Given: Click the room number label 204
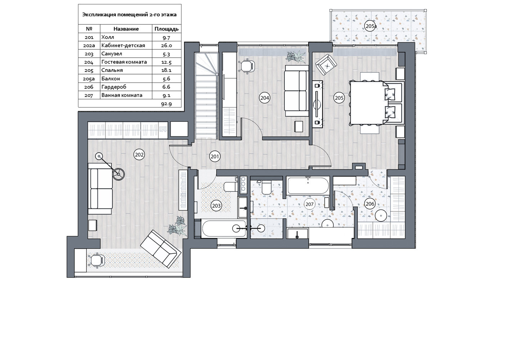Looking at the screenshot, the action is (265, 98).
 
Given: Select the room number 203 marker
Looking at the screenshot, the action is (216, 206).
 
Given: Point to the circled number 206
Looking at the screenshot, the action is (370, 204).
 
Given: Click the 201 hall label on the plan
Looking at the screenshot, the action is (215, 156).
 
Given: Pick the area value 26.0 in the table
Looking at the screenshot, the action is (166, 45).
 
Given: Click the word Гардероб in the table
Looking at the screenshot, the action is (114, 87).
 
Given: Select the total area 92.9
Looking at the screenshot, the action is (166, 104).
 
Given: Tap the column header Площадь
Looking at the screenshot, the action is (166, 29).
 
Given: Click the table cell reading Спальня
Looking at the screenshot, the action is (112, 70).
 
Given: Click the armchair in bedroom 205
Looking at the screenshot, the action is (326, 65).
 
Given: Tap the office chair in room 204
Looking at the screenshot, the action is (247, 66).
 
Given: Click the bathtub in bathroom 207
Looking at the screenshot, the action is (308, 185).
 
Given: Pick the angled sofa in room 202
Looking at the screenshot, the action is (161, 249).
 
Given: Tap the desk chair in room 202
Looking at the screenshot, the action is (96, 260).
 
